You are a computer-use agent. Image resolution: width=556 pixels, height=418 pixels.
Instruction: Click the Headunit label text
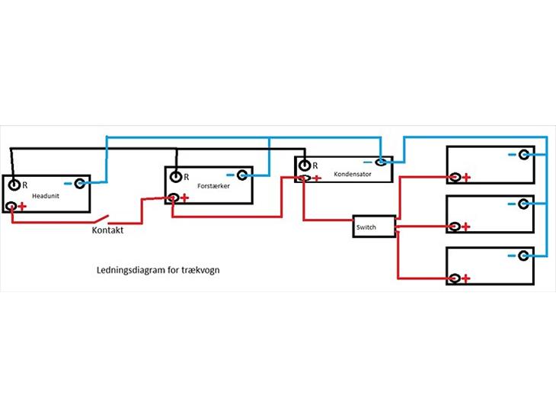(45, 197)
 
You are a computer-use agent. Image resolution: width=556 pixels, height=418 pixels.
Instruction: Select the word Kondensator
(352, 175)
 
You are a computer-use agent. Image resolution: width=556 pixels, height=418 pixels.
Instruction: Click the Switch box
(374, 227)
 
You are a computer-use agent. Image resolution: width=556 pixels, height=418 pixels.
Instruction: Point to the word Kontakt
(107, 230)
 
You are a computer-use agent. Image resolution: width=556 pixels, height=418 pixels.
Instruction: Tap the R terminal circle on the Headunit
(14, 185)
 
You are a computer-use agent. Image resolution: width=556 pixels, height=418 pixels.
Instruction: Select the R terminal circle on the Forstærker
(177, 177)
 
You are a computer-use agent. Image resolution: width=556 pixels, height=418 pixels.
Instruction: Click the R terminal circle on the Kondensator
(305, 166)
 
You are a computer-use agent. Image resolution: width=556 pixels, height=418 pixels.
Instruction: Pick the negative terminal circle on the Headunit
(79, 184)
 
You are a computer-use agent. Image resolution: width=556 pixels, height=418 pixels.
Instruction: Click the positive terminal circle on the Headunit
(11, 206)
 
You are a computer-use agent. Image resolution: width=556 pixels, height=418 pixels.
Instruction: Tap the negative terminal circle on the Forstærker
(241, 175)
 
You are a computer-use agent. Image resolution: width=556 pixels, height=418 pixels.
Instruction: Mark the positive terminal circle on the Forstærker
(174, 198)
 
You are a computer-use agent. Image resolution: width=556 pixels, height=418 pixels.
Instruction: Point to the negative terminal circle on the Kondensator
(379, 162)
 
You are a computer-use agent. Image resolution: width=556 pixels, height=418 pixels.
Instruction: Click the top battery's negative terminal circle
(523, 155)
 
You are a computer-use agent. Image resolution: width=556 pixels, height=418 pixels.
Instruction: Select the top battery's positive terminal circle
(455, 178)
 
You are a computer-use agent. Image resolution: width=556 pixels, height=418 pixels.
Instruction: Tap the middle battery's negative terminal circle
(523, 204)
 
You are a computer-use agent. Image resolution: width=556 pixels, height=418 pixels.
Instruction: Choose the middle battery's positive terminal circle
(455, 227)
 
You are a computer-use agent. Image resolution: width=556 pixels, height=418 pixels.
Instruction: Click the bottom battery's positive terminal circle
(455, 278)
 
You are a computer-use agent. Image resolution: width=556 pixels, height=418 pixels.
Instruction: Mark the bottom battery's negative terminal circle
(523, 256)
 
